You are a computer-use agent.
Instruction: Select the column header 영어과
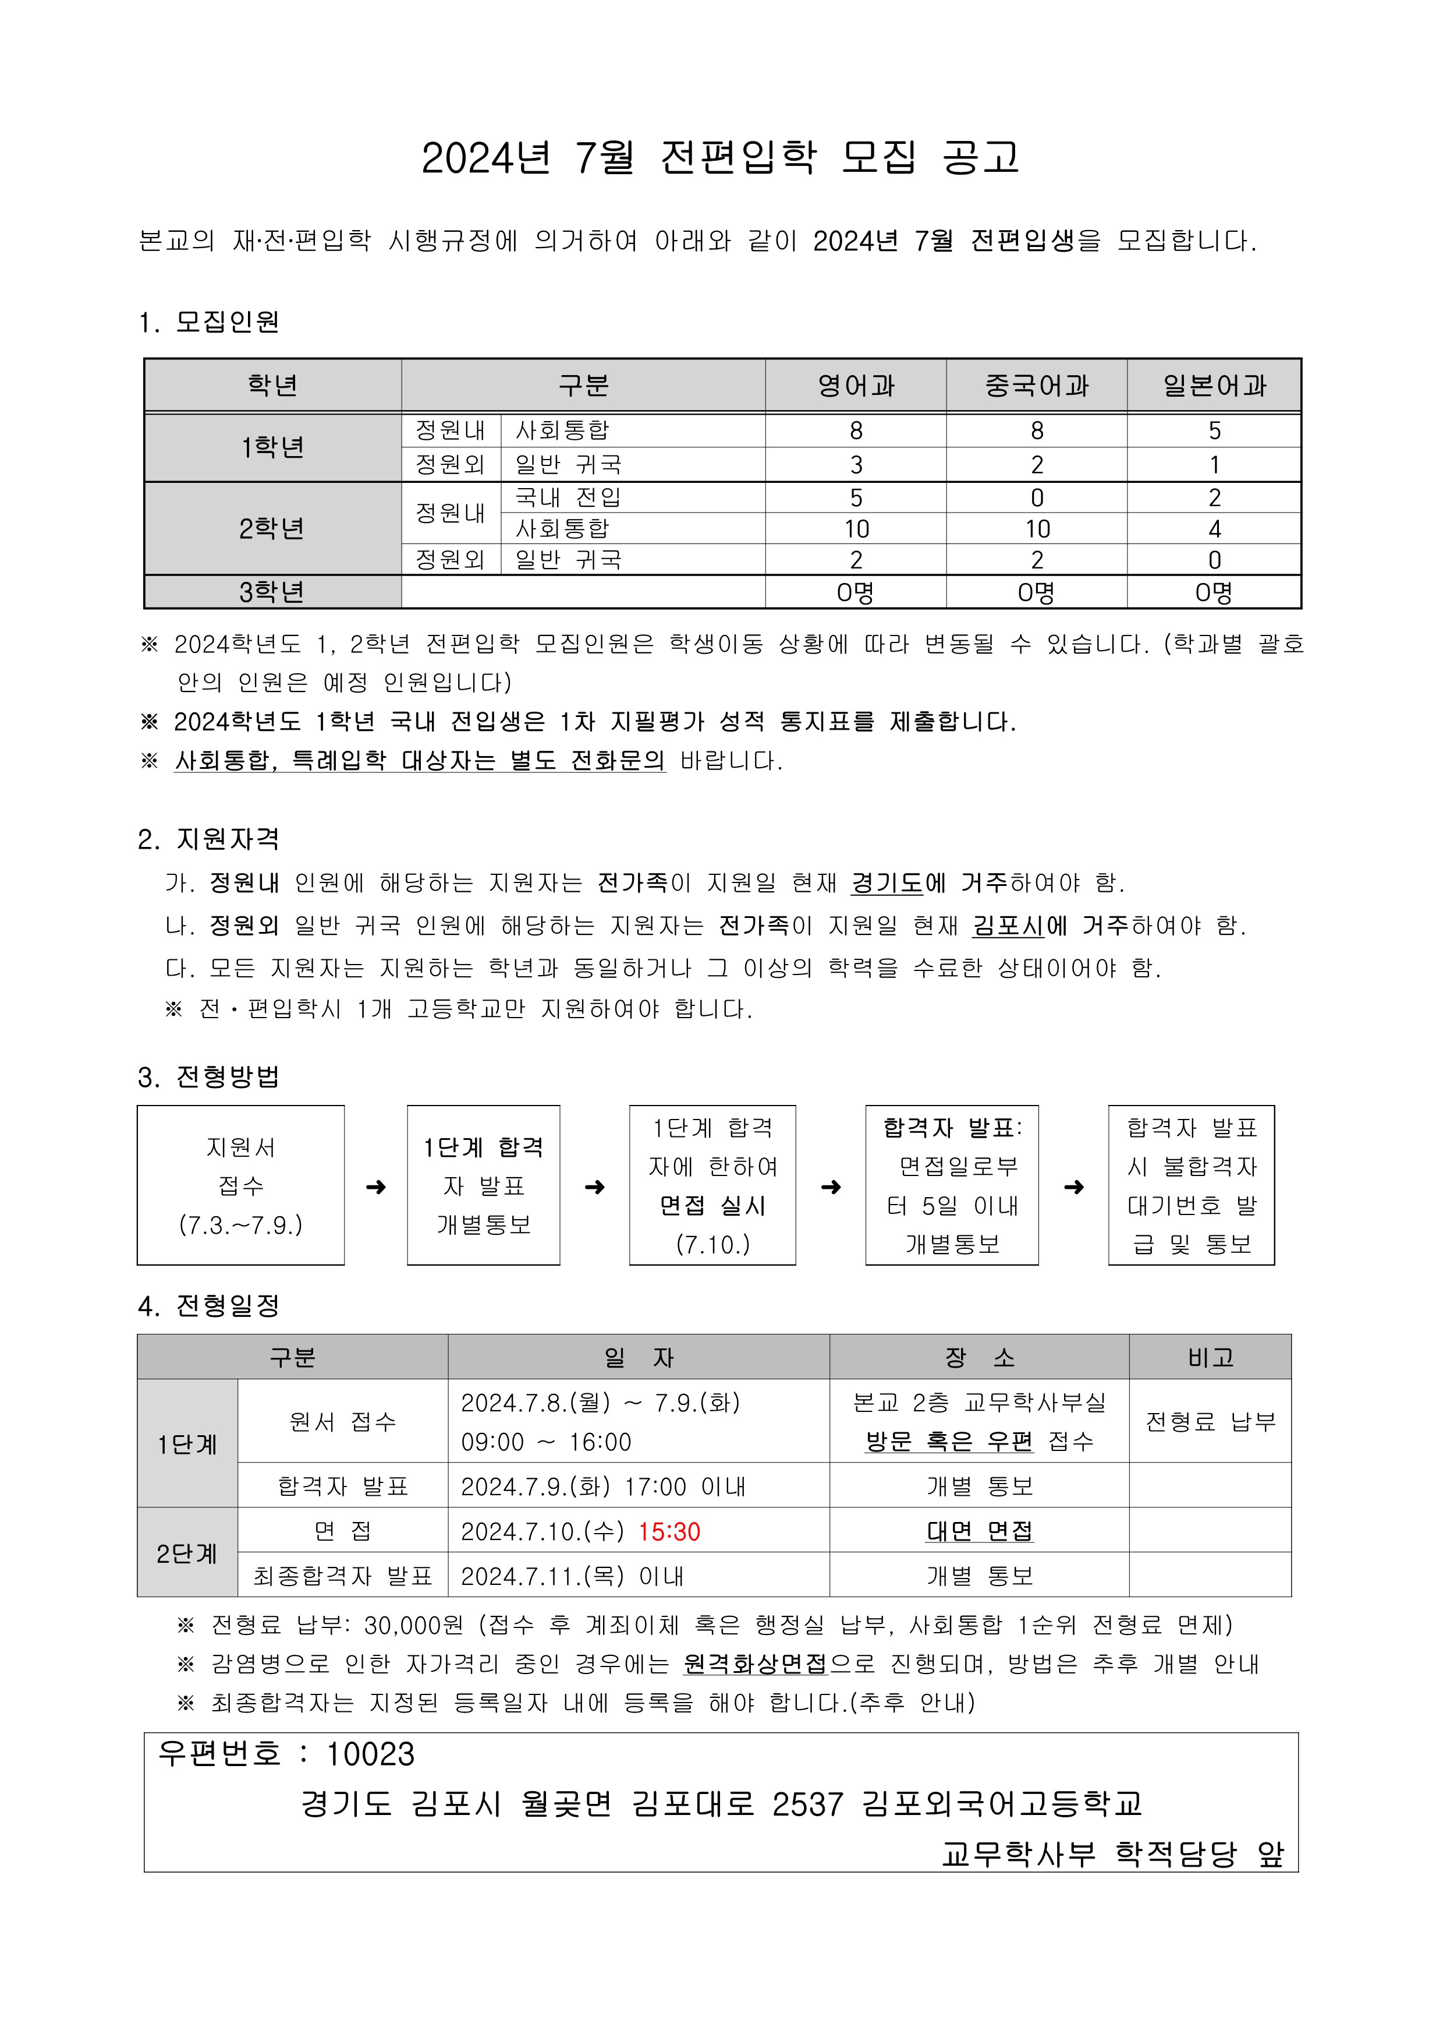(856, 386)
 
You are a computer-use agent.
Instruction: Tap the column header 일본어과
(1214, 386)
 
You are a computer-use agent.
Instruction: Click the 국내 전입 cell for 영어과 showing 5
(856, 498)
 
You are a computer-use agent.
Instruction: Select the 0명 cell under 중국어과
(1036, 592)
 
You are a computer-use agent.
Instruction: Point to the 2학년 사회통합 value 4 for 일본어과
(1214, 529)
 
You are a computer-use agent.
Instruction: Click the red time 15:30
(669, 1532)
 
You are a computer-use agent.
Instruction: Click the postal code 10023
(371, 1754)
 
